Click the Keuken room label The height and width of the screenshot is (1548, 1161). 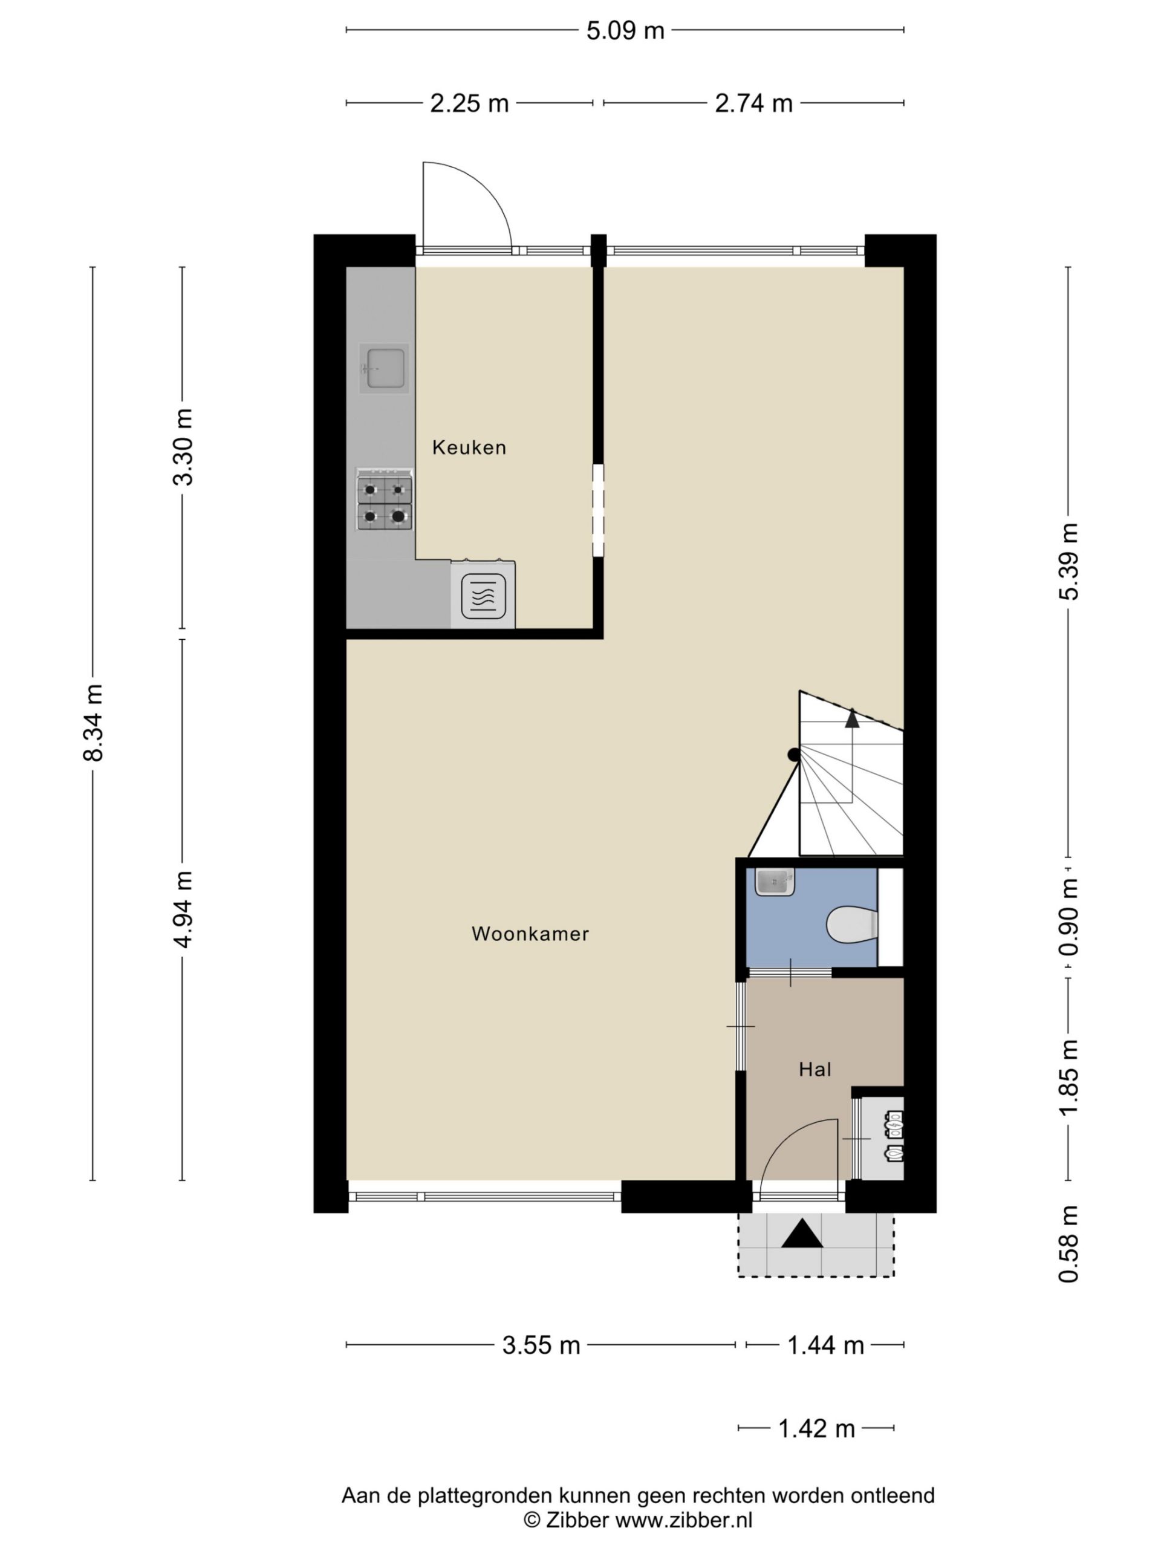coord(469,447)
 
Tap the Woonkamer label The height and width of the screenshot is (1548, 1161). coord(530,934)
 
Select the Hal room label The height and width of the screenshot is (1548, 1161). coord(815,1069)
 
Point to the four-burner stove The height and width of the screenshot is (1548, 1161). coord(384,499)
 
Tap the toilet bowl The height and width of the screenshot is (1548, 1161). coord(851,925)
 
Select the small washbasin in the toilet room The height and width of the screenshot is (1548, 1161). coord(774,882)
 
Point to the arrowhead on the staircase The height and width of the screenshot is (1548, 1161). coord(851,718)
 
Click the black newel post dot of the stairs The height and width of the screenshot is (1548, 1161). coord(793,755)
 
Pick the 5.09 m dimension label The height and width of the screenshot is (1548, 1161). coord(625,31)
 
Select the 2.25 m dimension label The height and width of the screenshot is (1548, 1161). coord(469,103)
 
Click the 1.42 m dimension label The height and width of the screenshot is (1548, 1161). coord(817,1429)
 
